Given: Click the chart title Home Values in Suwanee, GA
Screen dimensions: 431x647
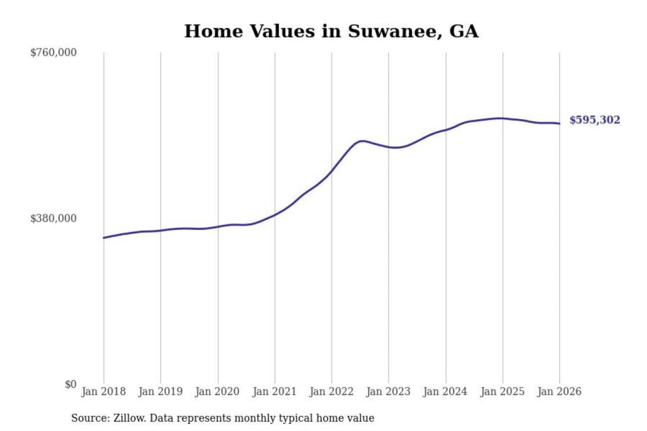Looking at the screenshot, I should coord(331,31).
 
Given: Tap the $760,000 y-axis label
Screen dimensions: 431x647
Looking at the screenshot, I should coord(53,53).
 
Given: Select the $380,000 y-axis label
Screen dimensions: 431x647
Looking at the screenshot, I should coord(53,218).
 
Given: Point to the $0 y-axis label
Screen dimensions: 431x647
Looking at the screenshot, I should coord(71,384).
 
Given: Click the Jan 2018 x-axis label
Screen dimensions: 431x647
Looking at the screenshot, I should coord(103,391).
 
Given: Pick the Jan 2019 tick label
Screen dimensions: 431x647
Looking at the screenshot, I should coord(160,391).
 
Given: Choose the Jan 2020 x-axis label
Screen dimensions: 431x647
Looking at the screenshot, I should coord(217,391).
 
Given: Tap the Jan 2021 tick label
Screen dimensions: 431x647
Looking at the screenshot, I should coord(275,391).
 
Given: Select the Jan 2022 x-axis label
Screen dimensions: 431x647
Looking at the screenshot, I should coord(332,391).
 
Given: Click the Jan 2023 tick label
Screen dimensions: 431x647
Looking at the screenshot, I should coord(388,391).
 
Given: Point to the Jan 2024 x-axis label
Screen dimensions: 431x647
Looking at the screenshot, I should coord(445,391).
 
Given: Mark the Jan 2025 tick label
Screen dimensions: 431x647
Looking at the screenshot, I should coord(502,391).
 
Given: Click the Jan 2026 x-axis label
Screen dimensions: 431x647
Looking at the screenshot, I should coord(559,391).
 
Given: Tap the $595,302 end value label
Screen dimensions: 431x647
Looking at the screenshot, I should coord(594,120).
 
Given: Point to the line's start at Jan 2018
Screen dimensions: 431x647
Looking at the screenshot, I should coord(104,237).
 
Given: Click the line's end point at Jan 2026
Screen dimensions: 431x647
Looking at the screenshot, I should coord(559,123).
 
